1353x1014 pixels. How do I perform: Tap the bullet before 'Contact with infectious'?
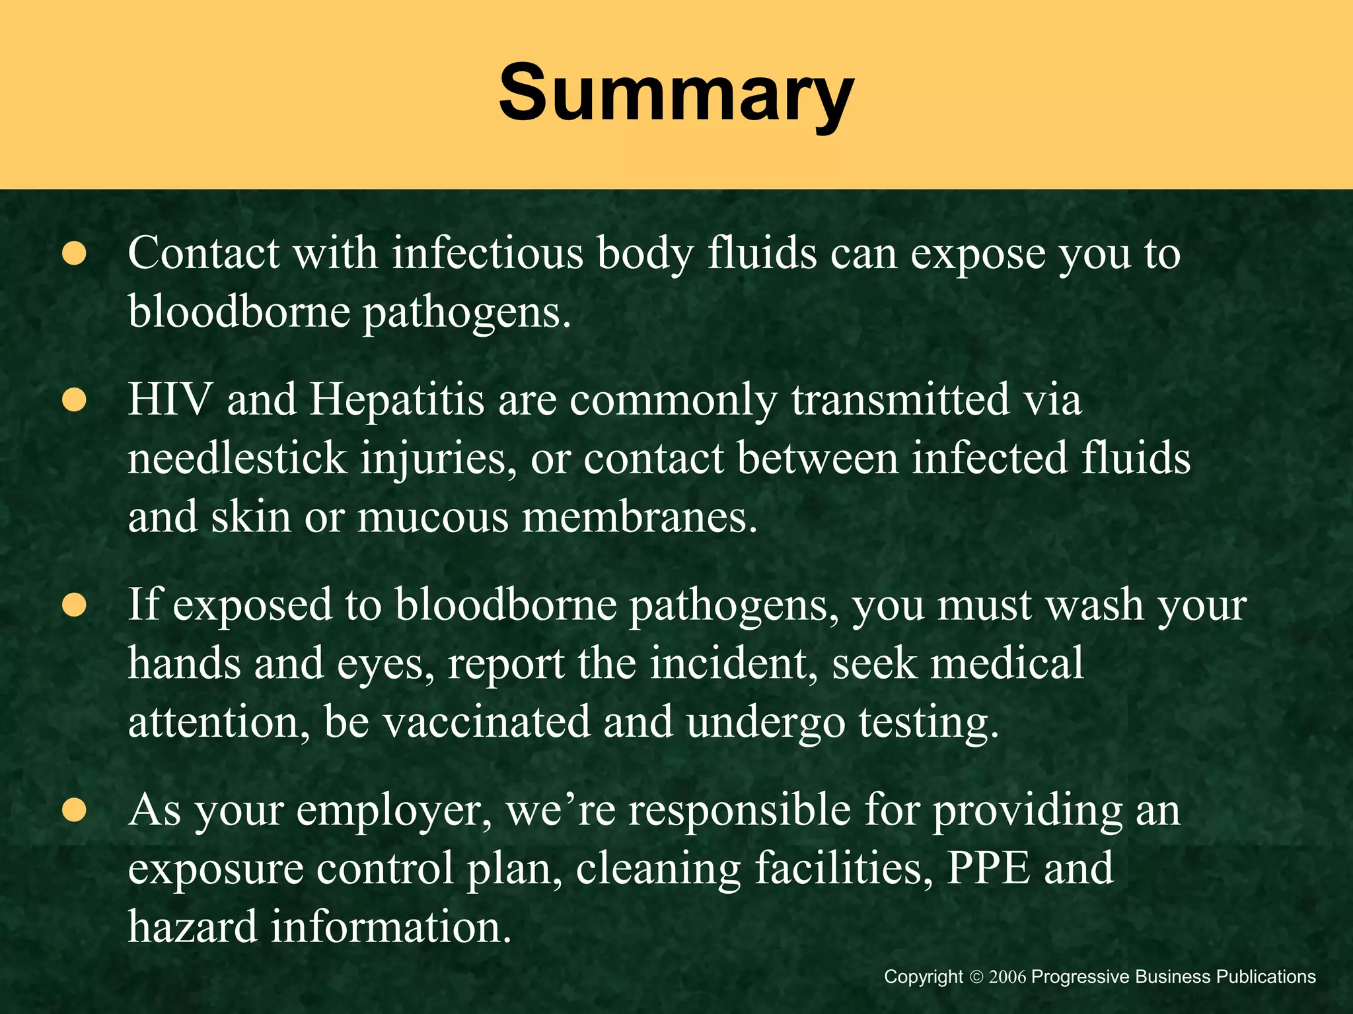coord(75,254)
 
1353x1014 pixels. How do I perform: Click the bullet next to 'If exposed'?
coord(75,605)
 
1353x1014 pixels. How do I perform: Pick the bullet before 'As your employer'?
coord(75,810)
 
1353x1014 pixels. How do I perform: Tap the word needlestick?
coord(237,458)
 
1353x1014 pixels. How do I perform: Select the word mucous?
coord(433,517)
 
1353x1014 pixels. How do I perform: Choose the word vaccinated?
coord(486,722)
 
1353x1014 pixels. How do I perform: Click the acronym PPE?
coord(988,868)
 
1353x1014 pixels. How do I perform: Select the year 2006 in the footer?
coord(1007,977)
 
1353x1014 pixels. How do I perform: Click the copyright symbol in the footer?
coord(976,977)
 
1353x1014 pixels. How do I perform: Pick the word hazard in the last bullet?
coord(192,926)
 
